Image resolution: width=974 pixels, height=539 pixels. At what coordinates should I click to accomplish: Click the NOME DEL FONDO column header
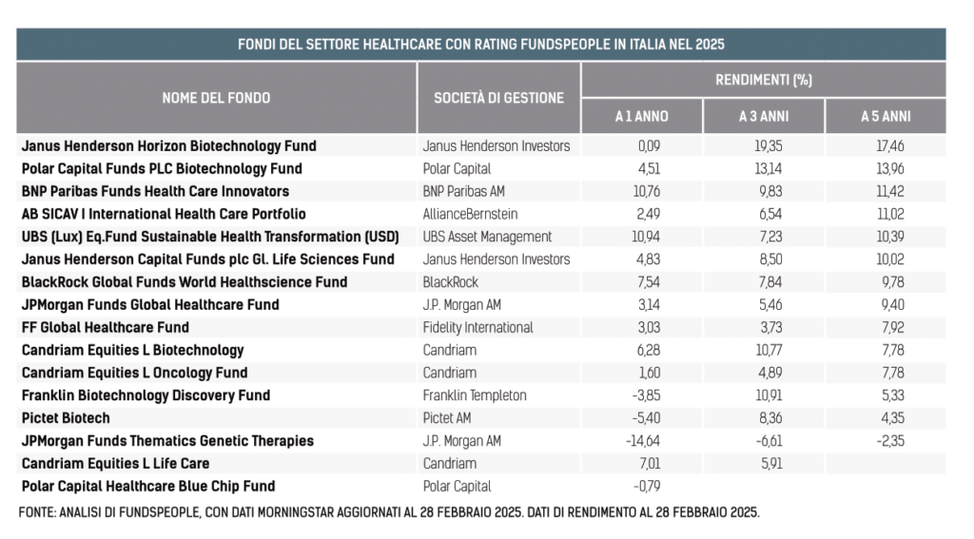click(x=216, y=98)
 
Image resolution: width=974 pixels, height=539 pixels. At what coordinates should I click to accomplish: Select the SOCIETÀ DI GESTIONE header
click(x=498, y=98)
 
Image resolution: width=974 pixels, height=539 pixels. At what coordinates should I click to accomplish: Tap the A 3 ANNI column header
click(x=764, y=116)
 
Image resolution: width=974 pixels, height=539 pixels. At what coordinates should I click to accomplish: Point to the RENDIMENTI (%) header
click(x=764, y=80)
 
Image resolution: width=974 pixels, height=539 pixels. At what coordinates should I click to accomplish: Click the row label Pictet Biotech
click(x=66, y=418)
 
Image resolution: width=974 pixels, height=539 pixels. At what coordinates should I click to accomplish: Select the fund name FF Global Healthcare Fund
click(x=105, y=327)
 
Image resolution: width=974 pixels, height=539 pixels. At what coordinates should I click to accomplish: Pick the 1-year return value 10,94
click(x=646, y=237)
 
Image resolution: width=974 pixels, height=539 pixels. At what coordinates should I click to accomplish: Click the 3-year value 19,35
click(x=768, y=146)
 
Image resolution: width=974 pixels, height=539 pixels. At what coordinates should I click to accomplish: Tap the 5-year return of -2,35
click(x=890, y=441)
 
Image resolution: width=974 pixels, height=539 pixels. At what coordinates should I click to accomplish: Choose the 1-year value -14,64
click(x=643, y=441)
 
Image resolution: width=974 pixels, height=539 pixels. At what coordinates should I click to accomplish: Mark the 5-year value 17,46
click(x=890, y=146)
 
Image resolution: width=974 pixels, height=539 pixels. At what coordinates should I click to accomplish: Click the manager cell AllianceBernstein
click(x=470, y=214)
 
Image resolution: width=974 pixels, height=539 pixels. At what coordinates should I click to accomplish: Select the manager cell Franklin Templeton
click(x=475, y=395)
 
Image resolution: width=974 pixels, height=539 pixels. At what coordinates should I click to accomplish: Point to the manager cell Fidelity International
click(x=477, y=327)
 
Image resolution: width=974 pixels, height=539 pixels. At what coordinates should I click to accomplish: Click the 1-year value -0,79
click(x=646, y=486)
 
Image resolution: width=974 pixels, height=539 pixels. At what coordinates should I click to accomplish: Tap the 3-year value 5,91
click(x=770, y=463)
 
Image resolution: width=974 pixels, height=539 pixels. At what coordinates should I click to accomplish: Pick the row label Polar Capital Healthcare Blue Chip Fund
click(x=148, y=486)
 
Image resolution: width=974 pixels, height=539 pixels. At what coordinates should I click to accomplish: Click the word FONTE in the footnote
click(x=36, y=512)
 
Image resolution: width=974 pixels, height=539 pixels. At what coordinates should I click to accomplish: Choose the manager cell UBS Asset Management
click(x=487, y=237)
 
